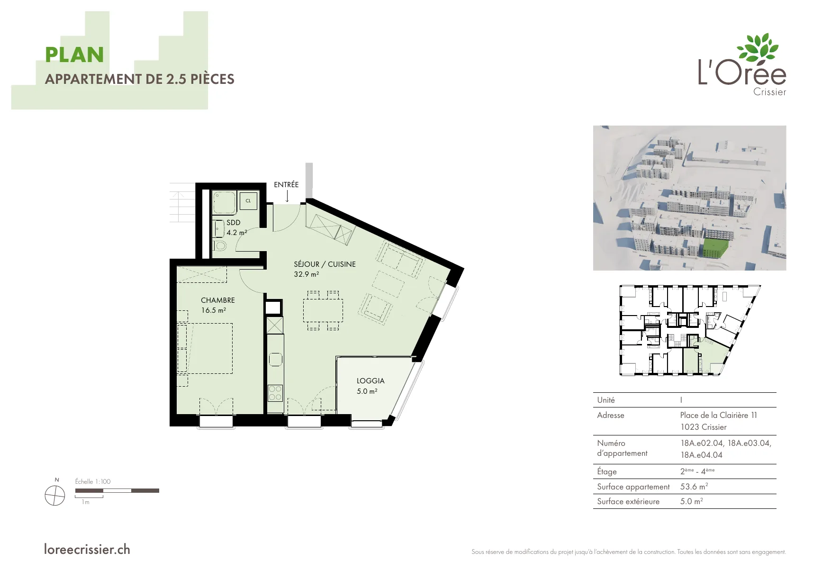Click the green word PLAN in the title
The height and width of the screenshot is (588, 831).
74,55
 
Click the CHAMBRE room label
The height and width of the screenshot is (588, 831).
218,300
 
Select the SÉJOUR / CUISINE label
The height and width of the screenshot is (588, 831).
325,264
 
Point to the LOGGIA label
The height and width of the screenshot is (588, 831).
370,381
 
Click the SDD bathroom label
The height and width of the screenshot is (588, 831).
234,223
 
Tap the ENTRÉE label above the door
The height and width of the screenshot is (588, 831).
286,185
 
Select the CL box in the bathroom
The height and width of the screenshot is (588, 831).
248,201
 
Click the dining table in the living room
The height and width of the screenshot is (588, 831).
323,310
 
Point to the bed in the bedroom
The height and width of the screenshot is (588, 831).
205,348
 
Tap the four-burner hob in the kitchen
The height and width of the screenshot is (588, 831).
275,393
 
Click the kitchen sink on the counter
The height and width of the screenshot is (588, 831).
276,359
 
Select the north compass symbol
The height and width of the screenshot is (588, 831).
54,496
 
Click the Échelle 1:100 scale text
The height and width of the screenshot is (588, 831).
93,481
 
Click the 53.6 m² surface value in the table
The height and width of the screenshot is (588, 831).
694,487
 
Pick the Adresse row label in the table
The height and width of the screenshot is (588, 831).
611,415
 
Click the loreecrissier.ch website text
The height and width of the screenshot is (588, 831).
87,550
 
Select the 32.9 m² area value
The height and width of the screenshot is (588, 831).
307,274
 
